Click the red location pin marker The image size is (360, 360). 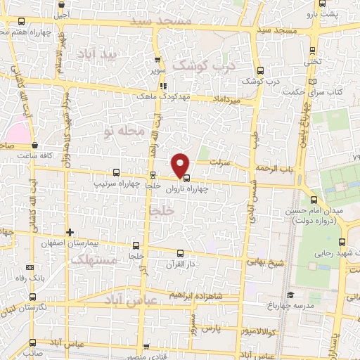coord(181,165)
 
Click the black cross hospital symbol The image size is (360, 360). coord(70,232)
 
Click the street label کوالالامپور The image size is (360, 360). coord(264,330)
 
